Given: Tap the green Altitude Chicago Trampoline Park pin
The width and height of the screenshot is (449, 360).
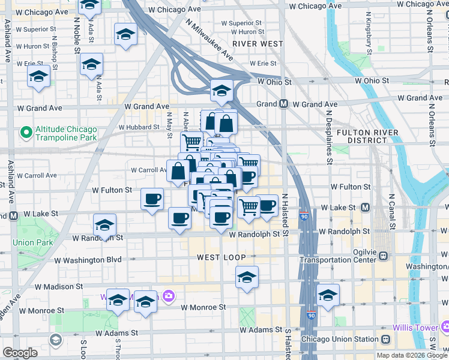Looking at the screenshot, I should click(x=26, y=131).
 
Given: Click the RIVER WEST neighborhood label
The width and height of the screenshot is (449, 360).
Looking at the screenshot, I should click(x=258, y=44).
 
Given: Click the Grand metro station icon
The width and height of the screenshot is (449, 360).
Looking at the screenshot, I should click(x=283, y=104).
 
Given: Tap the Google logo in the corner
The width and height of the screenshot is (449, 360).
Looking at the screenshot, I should click(x=20, y=352).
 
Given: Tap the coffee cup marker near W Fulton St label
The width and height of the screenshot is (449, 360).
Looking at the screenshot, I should click(x=152, y=199).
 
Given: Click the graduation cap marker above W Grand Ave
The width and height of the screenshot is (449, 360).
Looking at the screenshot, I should click(x=221, y=91).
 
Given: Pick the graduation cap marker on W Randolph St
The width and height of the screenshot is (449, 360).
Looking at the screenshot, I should click(x=105, y=226).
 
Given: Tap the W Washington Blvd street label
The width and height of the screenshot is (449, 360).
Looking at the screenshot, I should click(x=88, y=260).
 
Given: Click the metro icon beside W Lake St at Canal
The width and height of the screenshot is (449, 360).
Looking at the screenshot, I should click(x=366, y=208).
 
